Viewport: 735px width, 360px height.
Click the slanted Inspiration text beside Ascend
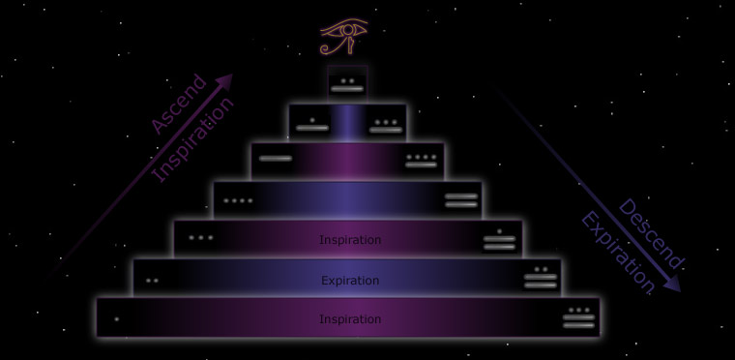[194, 139]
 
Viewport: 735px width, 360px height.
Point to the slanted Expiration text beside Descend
[616, 253]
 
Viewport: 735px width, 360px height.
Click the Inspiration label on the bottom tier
[350, 319]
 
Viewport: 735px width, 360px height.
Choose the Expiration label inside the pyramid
[350, 281]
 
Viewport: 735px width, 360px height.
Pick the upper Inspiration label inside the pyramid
[350, 240]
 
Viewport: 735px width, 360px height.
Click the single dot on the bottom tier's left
[117, 318]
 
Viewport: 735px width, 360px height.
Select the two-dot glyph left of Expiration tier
[152, 281]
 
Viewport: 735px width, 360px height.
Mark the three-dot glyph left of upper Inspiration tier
[201, 237]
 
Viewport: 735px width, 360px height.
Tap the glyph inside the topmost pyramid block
[347, 84]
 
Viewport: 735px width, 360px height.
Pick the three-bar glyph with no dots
[461, 200]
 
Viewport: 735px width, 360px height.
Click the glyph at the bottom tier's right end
[578, 316]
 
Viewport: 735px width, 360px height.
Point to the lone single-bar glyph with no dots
[275, 159]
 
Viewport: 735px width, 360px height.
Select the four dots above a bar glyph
[422, 159]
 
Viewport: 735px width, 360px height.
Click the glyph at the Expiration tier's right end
[541, 278]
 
